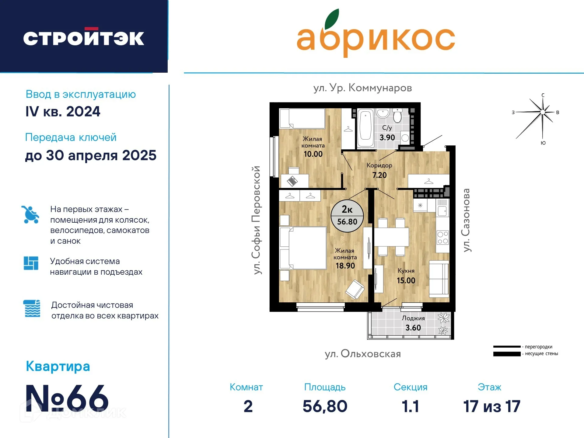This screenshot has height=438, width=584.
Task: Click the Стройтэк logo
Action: tap(84, 38)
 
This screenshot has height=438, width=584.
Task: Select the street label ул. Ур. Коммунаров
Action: tap(362, 88)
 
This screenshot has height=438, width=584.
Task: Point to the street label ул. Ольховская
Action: tap(363, 354)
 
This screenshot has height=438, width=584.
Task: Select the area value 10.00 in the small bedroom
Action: tap(313, 154)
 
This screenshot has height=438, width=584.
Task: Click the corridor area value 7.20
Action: tap(379, 175)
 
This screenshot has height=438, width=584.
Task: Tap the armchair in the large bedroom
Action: tap(355, 289)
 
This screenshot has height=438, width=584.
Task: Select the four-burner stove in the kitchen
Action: tap(442, 238)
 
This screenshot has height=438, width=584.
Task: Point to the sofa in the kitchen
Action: tap(439, 279)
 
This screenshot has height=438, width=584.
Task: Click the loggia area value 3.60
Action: tap(413, 328)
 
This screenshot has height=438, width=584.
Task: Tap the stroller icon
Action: tap(30, 215)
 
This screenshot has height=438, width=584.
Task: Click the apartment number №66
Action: tap(67, 398)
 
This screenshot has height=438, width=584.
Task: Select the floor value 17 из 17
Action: tap(491, 406)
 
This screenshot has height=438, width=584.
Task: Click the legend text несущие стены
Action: tap(541, 354)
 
